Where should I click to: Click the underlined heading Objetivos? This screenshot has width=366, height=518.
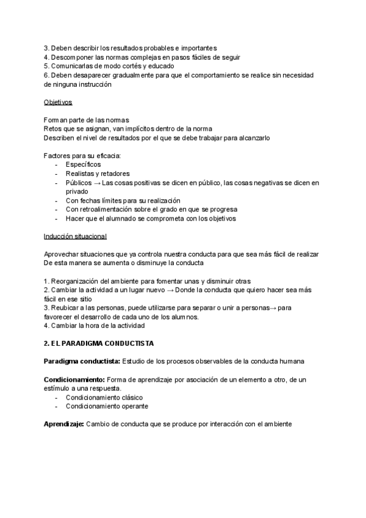pos(58,101)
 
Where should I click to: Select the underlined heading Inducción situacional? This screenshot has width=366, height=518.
pos(76,236)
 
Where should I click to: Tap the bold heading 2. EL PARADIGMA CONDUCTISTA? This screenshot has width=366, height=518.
pos(99,343)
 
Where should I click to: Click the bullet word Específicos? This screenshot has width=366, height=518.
pos(83,164)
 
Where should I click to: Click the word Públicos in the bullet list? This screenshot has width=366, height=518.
pos(79,183)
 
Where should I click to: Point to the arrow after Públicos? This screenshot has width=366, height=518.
pos(98,183)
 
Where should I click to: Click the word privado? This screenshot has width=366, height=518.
pos(77,191)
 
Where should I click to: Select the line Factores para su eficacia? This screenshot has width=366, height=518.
pos(82,155)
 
